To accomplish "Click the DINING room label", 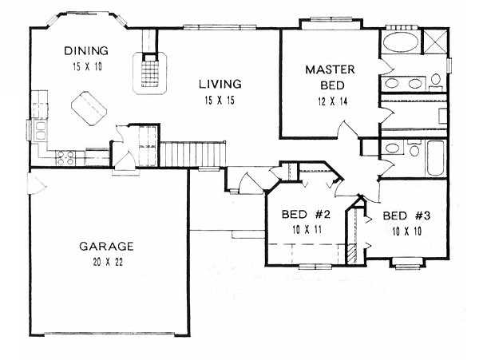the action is point(86,50).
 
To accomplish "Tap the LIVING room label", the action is point(220,84).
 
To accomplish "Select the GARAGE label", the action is point(106,246).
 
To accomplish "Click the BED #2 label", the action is point(306,215).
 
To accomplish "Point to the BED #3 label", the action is point(406,216).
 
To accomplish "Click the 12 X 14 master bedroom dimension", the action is point(333,101).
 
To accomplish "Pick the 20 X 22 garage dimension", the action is point(108,262).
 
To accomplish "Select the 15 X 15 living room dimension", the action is point(220,101).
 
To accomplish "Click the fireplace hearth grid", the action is point(150,73).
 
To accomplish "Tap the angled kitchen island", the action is point(89,109).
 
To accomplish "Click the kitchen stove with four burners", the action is point(65,158).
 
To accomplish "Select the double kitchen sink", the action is point(40,130).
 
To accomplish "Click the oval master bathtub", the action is point(399,42).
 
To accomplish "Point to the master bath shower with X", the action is point(436,42).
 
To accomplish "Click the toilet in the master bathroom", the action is point(436,81).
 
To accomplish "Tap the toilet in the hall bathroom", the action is point(414,148).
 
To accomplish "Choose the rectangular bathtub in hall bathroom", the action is point(436,158).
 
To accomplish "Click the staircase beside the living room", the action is point(192,154).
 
